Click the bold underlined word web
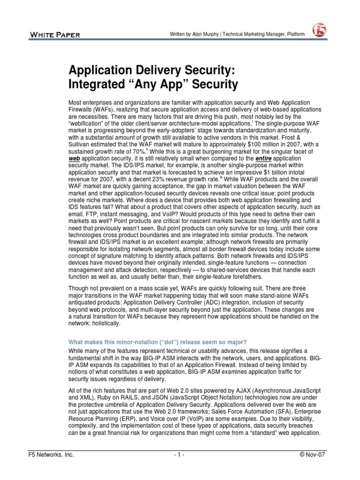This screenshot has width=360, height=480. (75, 159)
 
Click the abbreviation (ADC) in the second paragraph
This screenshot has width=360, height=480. (227, 302)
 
